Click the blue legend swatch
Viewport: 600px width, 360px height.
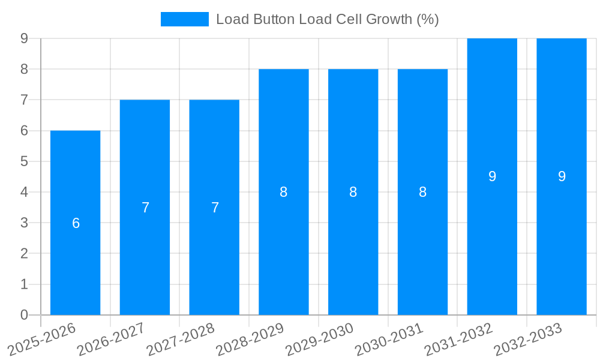click(184, 19)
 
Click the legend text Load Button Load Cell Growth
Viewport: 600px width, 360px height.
click(327, 19)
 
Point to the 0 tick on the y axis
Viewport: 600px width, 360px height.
click(24, 315)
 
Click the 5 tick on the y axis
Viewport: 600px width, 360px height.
click(24, 161)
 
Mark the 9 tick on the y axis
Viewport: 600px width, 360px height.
click(24, 38)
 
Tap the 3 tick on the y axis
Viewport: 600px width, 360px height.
click(24, 223)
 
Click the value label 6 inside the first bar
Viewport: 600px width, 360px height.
click(76, 223)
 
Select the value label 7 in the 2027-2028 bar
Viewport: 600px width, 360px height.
click(215, 208)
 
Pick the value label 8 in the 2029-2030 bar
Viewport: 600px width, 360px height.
click(353, 192)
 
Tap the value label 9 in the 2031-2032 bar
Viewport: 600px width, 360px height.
click(492, 176)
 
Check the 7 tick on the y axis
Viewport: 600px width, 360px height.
click(24, 100)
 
